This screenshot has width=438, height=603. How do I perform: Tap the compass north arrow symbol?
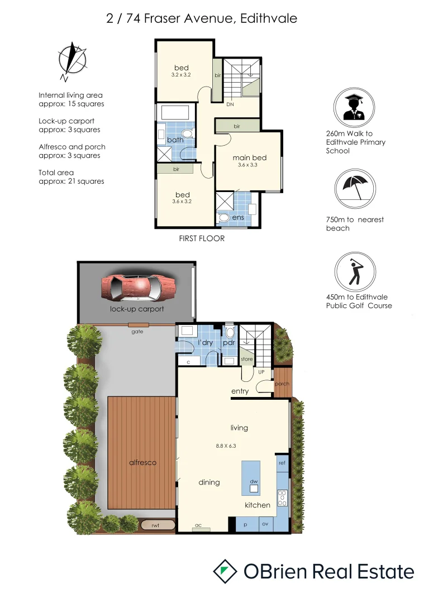[72, 60]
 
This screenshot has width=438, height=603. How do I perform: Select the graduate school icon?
[355, 107]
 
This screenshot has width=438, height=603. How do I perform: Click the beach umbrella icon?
[355, 190]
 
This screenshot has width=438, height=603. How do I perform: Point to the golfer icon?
[355, 273]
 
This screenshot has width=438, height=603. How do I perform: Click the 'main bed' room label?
[249, 158]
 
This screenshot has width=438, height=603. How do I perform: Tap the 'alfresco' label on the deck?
[142, 462]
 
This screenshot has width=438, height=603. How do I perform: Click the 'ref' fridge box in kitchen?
[282, 463]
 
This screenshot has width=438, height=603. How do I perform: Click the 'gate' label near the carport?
[137, 331]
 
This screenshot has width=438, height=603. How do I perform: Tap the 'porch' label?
[282, 384]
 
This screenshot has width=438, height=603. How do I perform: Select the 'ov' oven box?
[265, 525]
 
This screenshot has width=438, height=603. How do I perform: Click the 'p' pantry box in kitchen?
[246, 525]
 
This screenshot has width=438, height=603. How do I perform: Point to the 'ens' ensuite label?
[238, 217]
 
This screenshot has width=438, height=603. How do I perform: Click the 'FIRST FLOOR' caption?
[202, 238]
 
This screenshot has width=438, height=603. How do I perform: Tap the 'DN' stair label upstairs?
[230, 104]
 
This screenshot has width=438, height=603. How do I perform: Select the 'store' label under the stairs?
[246, 359]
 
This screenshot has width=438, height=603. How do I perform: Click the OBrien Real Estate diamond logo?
[224, 572]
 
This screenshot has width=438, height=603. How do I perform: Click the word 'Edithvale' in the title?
[269, 18]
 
